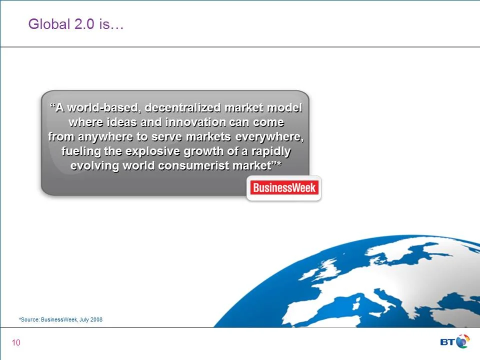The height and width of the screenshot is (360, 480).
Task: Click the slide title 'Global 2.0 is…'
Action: tap(76, 24)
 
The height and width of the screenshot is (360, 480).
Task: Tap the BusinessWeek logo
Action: tap(284, 188)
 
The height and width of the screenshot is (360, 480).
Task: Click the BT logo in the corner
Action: tap(454, 341)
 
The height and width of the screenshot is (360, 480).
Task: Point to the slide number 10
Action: tap(16, 342)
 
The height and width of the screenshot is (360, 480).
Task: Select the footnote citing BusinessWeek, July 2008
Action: tap(60, 319)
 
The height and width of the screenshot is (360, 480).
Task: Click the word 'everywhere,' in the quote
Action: tap(269, 137)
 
